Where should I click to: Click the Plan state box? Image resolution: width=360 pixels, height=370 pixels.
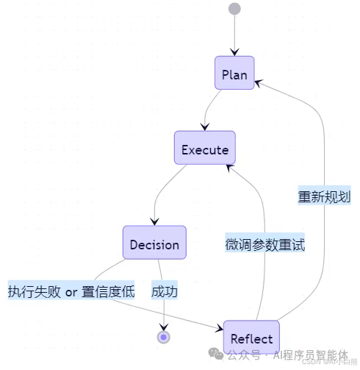(x=234, y=75)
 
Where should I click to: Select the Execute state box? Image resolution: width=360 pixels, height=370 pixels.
(x=205, y=150)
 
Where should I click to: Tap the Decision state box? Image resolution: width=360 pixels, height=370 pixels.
(x=154, y=244)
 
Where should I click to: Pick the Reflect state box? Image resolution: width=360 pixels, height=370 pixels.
(x=251, y=338)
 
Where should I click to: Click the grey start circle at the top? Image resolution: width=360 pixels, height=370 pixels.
(x=234, y=9)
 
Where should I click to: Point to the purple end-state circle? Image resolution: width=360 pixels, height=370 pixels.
(x=163, y=337)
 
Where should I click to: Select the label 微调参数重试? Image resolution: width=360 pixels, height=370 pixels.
(x=264, y=245)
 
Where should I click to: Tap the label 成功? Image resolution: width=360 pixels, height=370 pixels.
(x=165, y=291)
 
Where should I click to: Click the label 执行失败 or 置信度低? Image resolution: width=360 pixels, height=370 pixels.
(x=71, y=291)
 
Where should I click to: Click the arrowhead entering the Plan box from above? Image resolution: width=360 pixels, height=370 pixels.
(x=234, y=51)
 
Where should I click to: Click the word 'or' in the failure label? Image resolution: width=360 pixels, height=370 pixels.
(x=71, y=292)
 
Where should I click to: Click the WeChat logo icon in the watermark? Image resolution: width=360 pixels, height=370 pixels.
(x=217, y=354)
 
